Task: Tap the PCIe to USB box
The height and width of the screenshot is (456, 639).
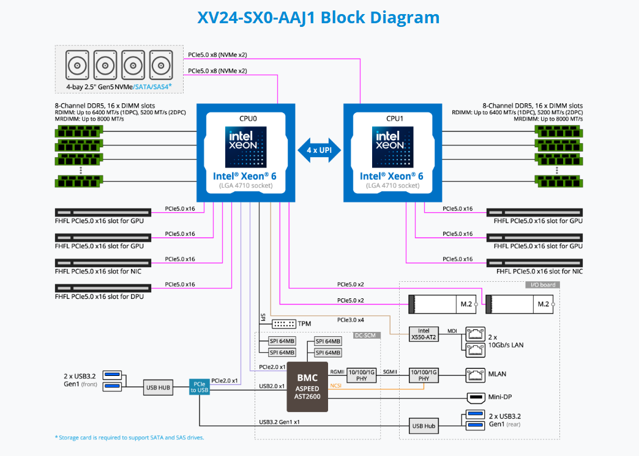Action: pos(200,387)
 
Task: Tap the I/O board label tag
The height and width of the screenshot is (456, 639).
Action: pos(542,285)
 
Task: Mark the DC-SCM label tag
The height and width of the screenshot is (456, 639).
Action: pos(365,335)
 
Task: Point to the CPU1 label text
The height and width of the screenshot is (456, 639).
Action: pos(392,119)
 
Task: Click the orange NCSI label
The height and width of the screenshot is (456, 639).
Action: pos(335,386)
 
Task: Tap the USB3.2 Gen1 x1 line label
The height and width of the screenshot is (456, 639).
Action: pos(280,422)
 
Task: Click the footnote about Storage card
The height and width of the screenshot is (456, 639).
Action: pos(129,437)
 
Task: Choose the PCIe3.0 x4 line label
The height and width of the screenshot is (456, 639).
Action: pos(350,320)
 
